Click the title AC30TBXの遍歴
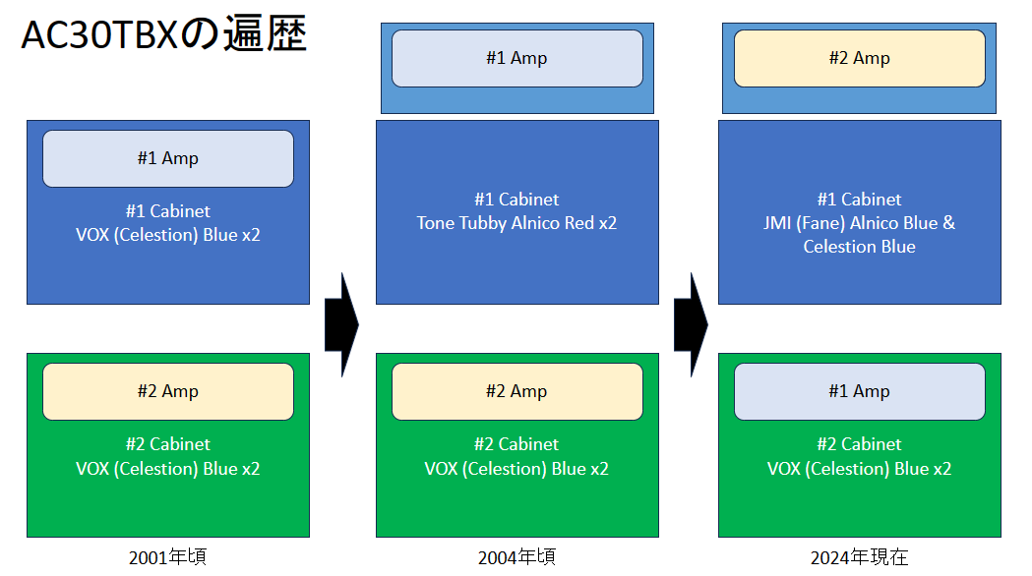tap(164, 34)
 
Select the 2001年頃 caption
tap(168, 557)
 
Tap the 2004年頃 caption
tap(516, 557)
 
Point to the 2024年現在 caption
tap(859, 557)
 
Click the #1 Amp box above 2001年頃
tap(168, 158)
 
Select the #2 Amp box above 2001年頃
tap(168, 391)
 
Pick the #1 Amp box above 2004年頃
tap(517, 58)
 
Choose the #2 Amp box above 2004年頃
tap(517, 391)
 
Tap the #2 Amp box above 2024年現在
tap(860, 58)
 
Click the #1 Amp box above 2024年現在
tap(860, 391)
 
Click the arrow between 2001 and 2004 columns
tap(341, 324)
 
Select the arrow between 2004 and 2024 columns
tap(691, 324)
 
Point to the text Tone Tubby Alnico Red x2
tap(516, 223)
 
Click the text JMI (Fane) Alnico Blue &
tap(859, 223)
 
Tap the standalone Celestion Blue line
tap(859, 247)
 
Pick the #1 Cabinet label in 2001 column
tap(168, 211)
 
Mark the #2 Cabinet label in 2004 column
tap(516, 444)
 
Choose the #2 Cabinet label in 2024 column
tap(859, 444)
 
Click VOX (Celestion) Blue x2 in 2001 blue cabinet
tap(168, 235)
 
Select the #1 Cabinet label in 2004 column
tap(516, 200)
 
